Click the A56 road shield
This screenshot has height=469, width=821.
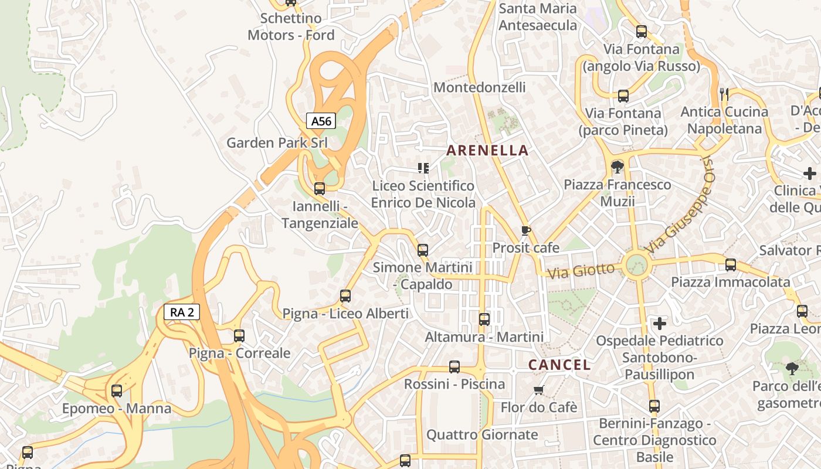click(321, 121)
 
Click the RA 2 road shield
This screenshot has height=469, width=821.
click(182, 312)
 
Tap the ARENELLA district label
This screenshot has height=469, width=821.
click(487, 151)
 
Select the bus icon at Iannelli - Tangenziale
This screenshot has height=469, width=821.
click(320, 189)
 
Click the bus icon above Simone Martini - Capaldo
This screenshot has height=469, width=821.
click(422, 250)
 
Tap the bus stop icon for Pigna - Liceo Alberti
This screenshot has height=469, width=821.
click(345, 296)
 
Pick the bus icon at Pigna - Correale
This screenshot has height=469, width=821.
click(239, 336)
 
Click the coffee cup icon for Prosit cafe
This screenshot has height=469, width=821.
click(525, 230)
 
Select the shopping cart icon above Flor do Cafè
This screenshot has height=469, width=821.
click(538, 390)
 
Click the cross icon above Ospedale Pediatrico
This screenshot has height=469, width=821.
click(660, 323)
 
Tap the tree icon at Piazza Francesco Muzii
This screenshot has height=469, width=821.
click(617, 167)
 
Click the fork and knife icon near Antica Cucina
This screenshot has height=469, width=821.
click(724, 94)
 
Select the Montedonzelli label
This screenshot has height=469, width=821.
click(479, 87)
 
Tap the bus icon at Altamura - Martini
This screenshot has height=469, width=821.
click(484, 320)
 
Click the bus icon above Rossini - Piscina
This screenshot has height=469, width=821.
click(454, 367)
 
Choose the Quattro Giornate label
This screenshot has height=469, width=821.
click(481, 434)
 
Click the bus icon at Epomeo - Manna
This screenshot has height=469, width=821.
click(117, 391)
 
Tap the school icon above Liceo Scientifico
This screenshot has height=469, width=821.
click(423, 168)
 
